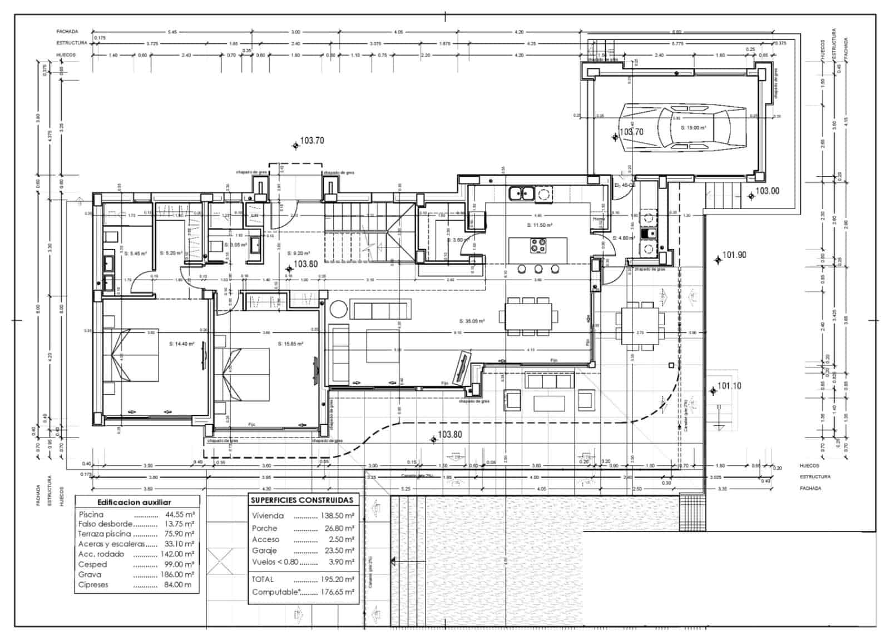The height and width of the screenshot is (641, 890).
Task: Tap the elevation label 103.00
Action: pos(767,191)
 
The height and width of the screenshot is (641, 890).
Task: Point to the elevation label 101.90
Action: pos(734,256)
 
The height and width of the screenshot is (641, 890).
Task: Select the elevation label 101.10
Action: pos(729,386)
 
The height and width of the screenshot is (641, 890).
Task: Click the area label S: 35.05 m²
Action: pos(472,321)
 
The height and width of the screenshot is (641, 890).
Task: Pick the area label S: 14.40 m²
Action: pos(181,344)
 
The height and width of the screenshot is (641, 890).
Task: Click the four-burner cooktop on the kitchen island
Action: pos(538,245)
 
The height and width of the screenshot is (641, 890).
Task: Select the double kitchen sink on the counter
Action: pos(522,193)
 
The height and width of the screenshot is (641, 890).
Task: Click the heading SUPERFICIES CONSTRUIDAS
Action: pos(302,500)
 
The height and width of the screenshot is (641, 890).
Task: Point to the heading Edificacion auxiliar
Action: pos(134,501)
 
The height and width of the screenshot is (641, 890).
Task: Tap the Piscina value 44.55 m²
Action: pos(180,514)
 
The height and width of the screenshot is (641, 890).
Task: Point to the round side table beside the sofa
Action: pos(339,309)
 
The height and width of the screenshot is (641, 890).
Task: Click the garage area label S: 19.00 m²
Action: pos(693,127)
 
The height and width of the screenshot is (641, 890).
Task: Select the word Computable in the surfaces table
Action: pos(275,592)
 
